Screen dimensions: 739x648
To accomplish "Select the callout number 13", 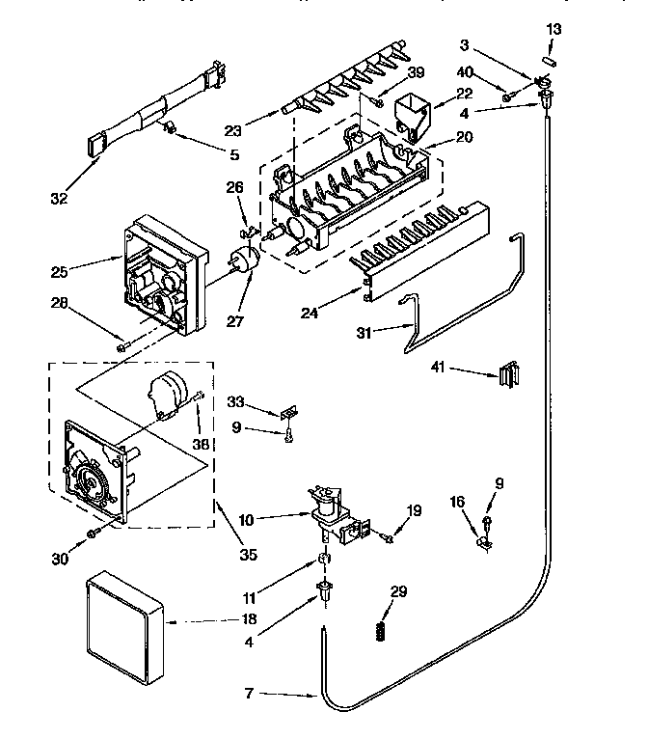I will point(553,30).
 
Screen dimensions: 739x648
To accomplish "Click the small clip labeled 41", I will point(508,372).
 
